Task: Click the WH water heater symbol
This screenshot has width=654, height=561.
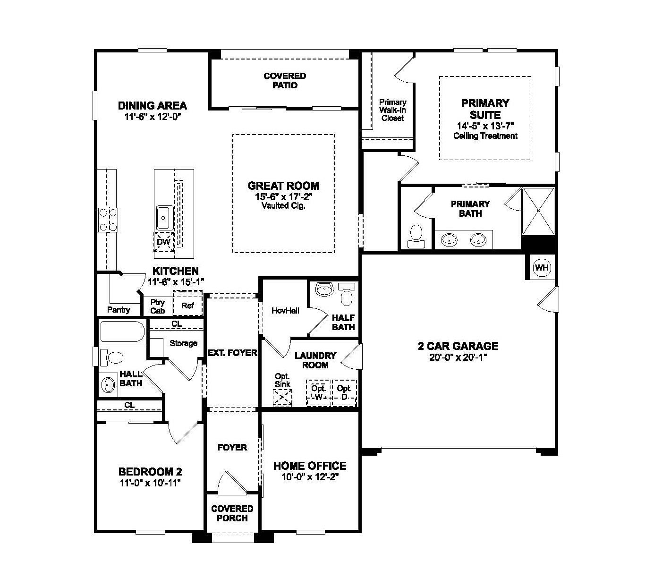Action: coord(542,268)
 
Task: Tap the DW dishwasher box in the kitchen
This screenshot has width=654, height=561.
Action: coord(163,242)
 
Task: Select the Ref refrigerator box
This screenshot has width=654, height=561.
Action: coord(187,305)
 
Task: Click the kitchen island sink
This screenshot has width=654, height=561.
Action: coord(164,218)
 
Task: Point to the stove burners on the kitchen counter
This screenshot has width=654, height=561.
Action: coord(108,220)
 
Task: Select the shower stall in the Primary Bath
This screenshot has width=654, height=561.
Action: coord(538,211)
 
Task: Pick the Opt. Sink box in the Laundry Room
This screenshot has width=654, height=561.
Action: coord(282,398)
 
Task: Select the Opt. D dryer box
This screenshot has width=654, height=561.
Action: coord(344,393)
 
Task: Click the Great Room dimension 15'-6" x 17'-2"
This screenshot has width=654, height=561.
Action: coord(283,196)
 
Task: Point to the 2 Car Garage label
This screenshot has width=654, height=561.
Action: coord(458,346)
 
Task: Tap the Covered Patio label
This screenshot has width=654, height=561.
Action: coord(285,80)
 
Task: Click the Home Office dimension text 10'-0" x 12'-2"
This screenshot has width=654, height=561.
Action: coord(310,477)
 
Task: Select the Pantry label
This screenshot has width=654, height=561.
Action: coord(119,310)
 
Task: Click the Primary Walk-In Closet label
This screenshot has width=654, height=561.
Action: coord(392,110)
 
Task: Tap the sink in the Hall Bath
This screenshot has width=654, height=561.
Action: coord(108,385)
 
